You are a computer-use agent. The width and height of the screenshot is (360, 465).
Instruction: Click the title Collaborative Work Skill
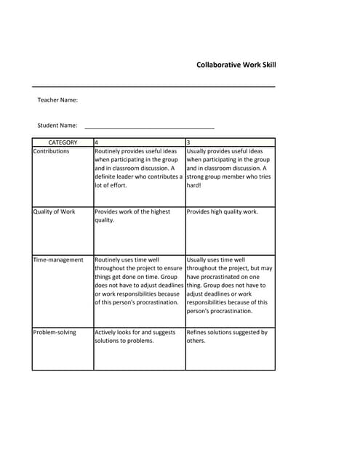pyautogui.click(x=236, y=65)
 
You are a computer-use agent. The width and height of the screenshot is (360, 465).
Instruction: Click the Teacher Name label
pyautogui.click(x=57, y=100)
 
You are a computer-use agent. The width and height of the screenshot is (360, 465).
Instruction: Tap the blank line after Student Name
pyautogui.click(x=149, y=126)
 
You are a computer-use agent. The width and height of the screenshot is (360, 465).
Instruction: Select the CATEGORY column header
pyautogui.click(x=63, y=142)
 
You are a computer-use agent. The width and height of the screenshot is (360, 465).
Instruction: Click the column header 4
pyautogui.click(x=97, y=142)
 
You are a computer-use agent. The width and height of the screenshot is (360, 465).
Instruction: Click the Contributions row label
pyautogui.click(x=51, y=151)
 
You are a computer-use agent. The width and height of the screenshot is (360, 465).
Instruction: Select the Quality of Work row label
pyautogui.click(x=54, y=212)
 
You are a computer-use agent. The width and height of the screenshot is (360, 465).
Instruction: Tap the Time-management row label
pyautogui.click(x=58, y=259)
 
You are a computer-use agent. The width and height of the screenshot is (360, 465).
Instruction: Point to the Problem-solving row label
pyautogui.click(x=57, y=332)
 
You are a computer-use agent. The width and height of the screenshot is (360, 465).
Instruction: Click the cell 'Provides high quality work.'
pyautogui.click(x=222, y=212)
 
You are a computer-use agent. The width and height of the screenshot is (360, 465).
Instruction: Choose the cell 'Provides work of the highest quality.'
pyautogui.click(x=132, y=216)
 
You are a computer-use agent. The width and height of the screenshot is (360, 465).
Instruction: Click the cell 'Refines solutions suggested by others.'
pyautogui.click(x=227, y=336)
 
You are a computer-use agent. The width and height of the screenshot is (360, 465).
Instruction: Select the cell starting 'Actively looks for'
pyautogui.click(x=135, y=336)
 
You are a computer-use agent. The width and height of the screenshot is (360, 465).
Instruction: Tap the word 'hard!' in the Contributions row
pyautogui.click(x=195, y=185)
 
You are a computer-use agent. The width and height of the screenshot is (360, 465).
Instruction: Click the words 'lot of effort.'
pyautogui.click(x=111, y=185)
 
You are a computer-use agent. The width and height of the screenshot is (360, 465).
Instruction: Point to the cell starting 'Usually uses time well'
pyautogui.click(x=229, y=285)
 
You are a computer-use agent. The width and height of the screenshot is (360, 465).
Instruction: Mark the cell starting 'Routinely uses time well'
pyautogui.click(x=137, y=280)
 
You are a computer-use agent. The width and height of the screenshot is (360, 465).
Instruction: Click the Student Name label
pyautogui.click(x=57, y=126)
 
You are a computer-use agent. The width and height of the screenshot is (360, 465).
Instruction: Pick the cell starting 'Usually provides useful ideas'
pyautogui.click(x=228, y=168)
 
